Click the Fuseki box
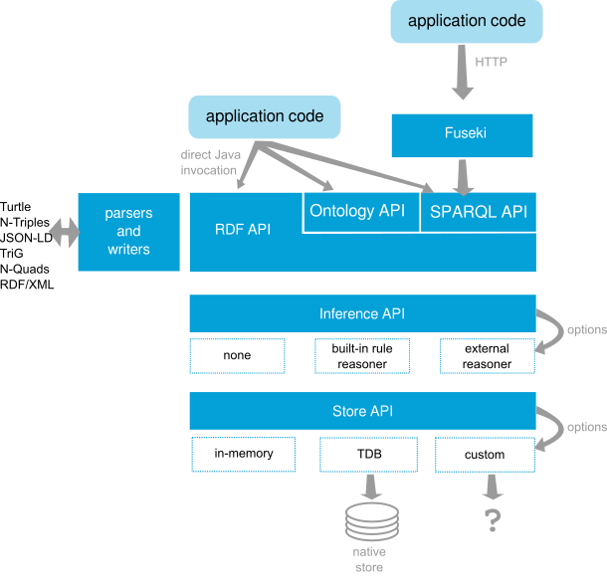[x=462, y=134]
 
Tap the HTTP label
[x=491, y=62]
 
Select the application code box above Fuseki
[x=467, y=22]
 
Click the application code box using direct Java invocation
[x=265, y=116]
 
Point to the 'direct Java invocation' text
[x=210, y=162]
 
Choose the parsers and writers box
[x=128, y=232]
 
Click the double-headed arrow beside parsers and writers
[x=64, y=233]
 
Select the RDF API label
[x=243, y=229]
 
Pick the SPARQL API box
[x=478, y=211]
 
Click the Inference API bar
[x=362, y=313]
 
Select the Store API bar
[x=362, y=411]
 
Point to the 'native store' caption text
[x=369, y=559]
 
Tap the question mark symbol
[x=492, y=520]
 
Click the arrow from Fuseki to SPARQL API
[x=462, y=176]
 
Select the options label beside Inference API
[x=586, y=329]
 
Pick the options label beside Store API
[x=586, y=427]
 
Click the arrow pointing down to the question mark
[x=492, y=487]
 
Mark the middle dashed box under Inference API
[x=362, y=356]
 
